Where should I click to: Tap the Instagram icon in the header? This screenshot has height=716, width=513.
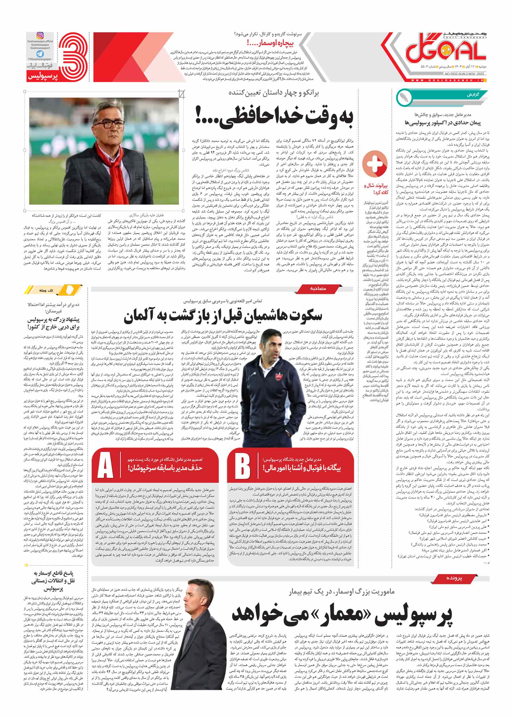click(x=40, y=36)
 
